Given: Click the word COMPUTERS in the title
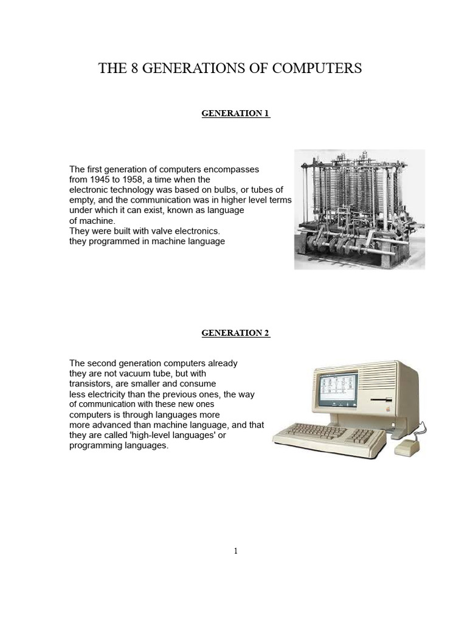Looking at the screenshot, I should coord(317,69).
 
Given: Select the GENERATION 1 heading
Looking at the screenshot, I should coord(235,114).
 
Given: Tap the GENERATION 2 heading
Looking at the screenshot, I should coord(235,333).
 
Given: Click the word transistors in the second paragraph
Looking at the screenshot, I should coord(92,384).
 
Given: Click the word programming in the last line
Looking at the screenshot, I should coord(96,446).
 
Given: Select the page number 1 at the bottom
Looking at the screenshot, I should coord(236,551).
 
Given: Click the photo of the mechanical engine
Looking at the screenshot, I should coord(359,209).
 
